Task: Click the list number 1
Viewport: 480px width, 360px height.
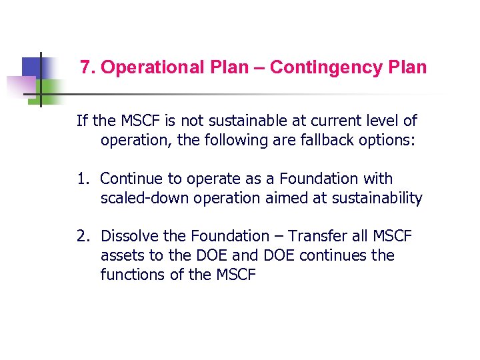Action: click(81, 179)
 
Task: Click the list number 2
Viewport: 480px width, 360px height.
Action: click(81, 237)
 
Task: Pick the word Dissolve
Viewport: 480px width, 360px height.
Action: click(131, 237)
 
